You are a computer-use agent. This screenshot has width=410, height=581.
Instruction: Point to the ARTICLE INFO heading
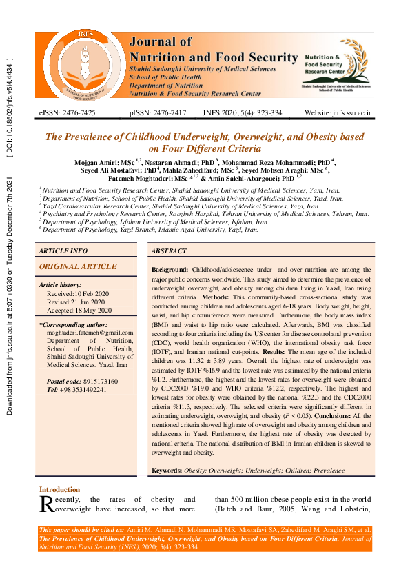point(63,251)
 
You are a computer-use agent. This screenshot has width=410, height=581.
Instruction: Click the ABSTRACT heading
point(169,251)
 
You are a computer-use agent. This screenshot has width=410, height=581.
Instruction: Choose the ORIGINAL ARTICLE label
point(78,266)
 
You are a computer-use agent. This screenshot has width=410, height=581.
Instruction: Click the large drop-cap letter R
point(46,504)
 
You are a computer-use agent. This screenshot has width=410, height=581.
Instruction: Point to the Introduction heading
point(59,489)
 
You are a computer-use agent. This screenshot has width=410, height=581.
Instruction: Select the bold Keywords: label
point(166,470)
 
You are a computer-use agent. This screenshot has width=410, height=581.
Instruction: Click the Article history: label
point(61,284)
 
